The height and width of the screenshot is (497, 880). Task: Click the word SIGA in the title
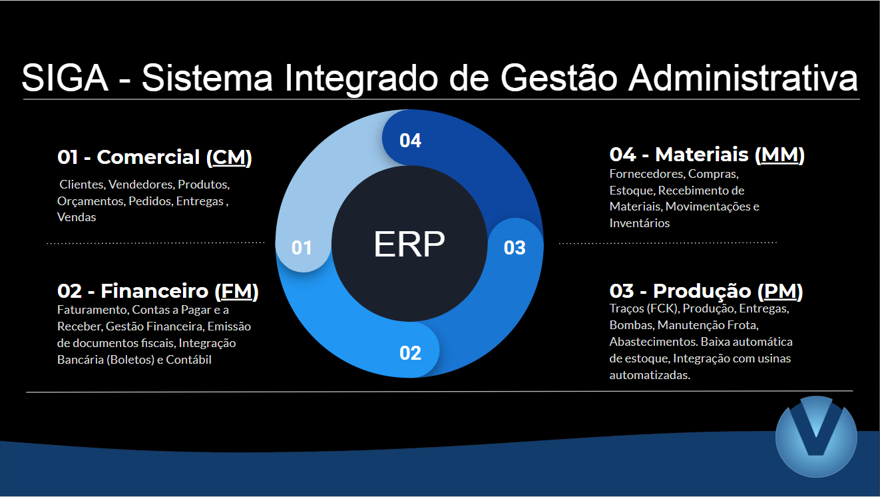click(65, 78)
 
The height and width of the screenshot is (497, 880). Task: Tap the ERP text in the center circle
click(409, 245)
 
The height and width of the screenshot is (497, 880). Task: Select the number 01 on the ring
click(302, 248)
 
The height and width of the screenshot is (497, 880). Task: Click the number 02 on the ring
click(410, 352)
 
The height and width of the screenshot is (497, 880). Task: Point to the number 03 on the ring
click(515, 248)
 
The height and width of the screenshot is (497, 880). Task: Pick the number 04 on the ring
click(410, 141)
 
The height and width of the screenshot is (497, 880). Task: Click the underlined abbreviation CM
click(229, 158)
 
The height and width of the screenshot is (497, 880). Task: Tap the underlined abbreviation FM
click(236, 292)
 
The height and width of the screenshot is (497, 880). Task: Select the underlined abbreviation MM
click(779, 155)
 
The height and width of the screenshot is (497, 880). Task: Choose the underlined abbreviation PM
click(780, 292)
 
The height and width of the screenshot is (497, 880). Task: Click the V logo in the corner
click(816, 436)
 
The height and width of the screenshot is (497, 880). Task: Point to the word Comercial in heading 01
click(148, 158)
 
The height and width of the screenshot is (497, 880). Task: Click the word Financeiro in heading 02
click(154, 292)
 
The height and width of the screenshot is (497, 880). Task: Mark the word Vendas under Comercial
click(77, 217)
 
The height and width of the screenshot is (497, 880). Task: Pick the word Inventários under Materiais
click(640, 223)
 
